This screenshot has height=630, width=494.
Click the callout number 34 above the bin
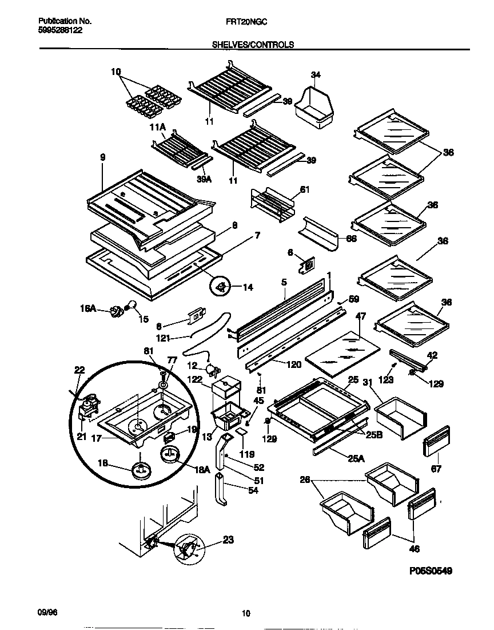[x=316, y=75]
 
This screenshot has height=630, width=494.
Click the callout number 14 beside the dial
[x=248, y=287]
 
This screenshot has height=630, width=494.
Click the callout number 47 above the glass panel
[x=361, y=316]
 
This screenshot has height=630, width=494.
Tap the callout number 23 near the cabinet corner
[x=228, y=539]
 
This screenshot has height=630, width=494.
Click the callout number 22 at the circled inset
[x=79, y=371]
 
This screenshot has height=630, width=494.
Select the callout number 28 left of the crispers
[x=304, y=481]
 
